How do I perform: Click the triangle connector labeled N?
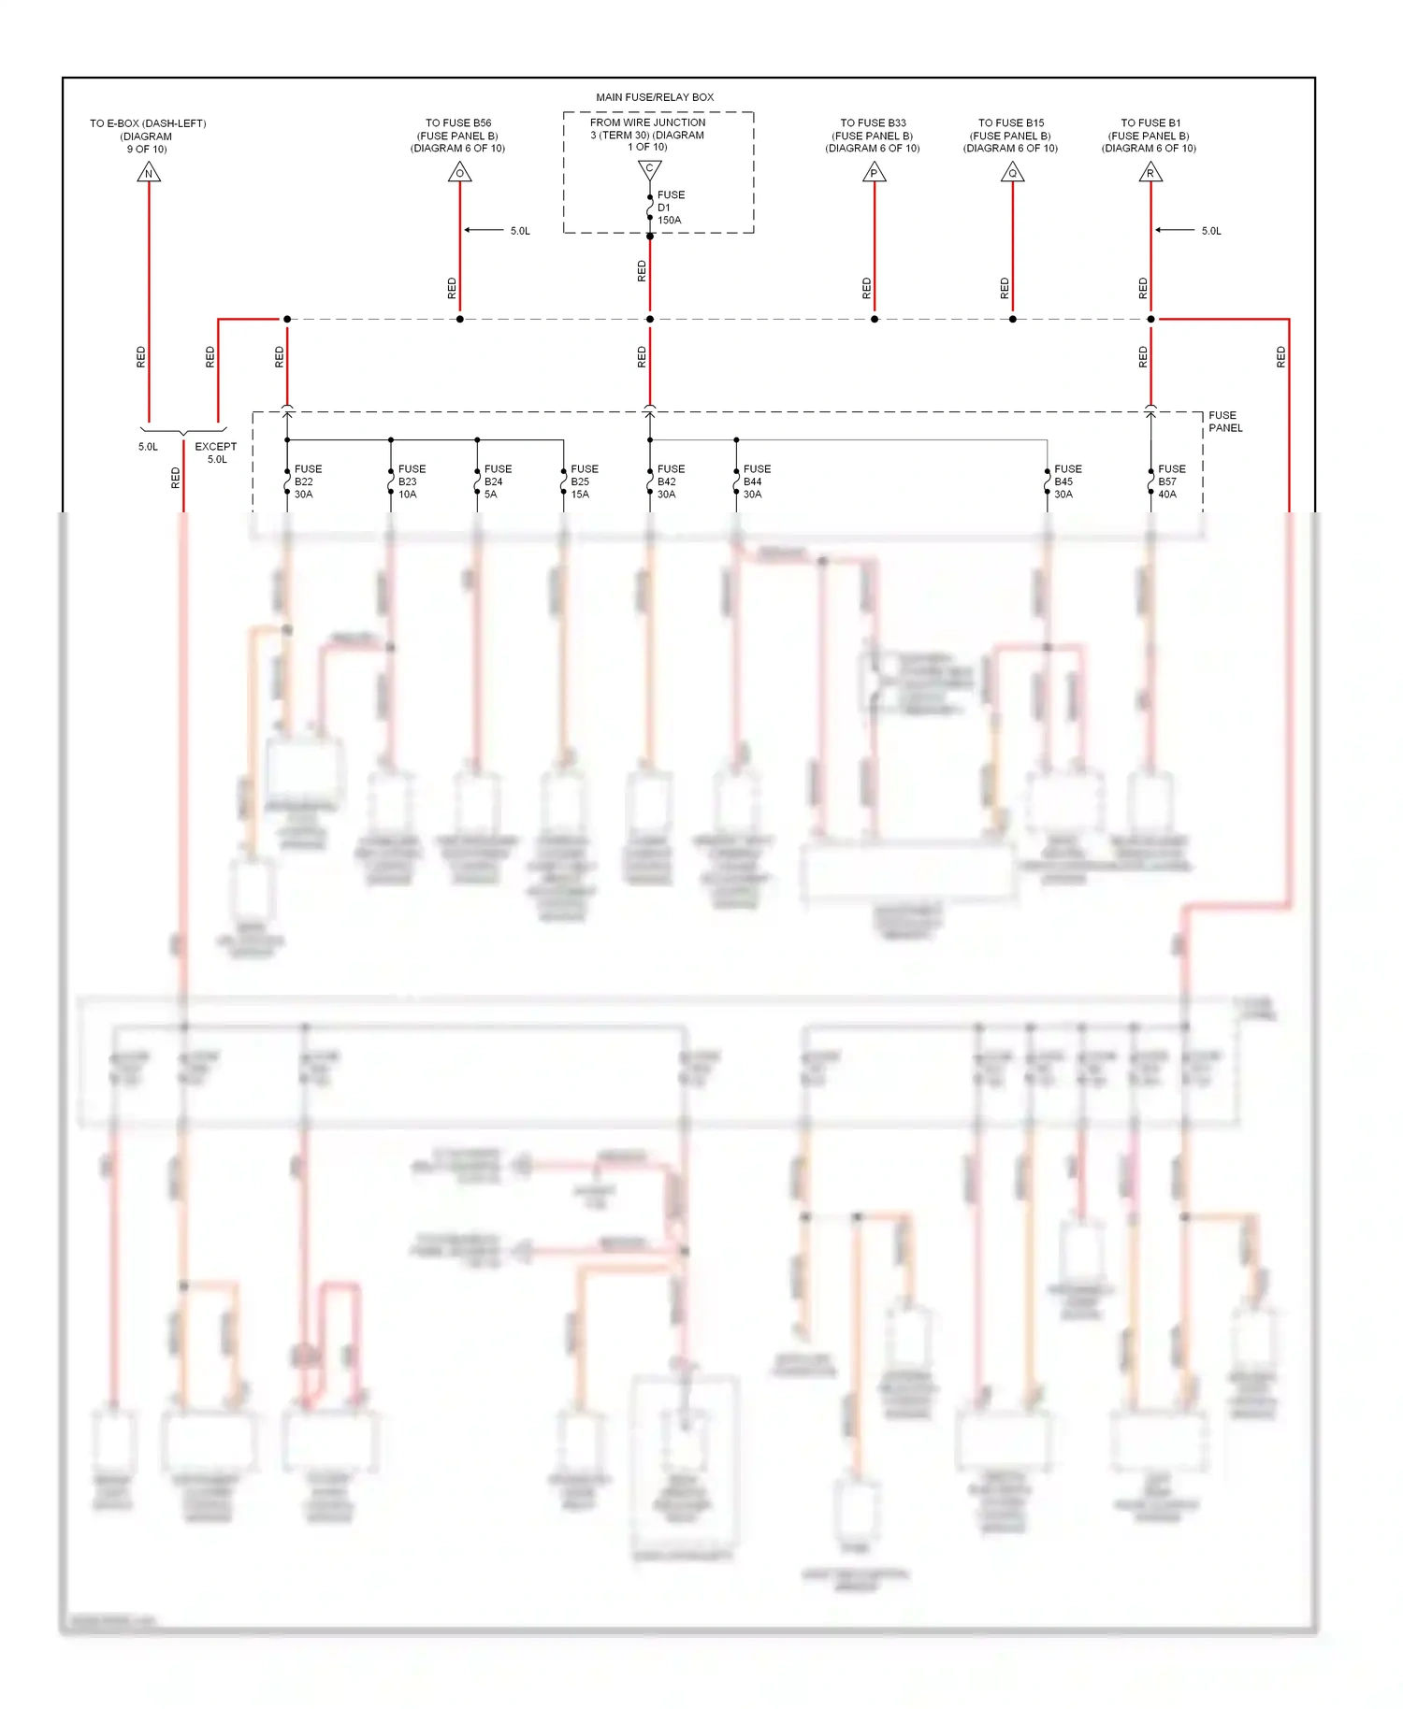pos(149,173)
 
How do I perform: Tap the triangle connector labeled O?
pos(459,173)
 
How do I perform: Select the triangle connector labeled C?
pos(649,169)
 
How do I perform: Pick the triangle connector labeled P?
pos(874,173)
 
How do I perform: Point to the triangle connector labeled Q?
pos(1012,173)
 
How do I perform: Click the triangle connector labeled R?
pos(1150,173)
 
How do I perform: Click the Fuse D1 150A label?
pos(670,208)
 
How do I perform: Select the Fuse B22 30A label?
pos(308,481)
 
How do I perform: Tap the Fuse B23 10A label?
pos(412,481)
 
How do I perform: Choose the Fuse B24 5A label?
pos(498,481)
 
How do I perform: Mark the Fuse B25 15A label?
pos(584,481)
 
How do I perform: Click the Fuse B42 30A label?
pos(670,481)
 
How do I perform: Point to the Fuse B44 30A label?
pos(756,481)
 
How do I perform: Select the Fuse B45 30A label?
pos(1067,481)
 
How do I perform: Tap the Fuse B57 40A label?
pos(1171,481)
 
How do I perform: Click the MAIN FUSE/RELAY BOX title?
pos(655,97)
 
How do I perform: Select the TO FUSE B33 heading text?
pos(873,122)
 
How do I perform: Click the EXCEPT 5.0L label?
pos(216,452)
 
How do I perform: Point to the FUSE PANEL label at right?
pos(1225,422)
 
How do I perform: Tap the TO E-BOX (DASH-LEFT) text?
pos(148,123)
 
